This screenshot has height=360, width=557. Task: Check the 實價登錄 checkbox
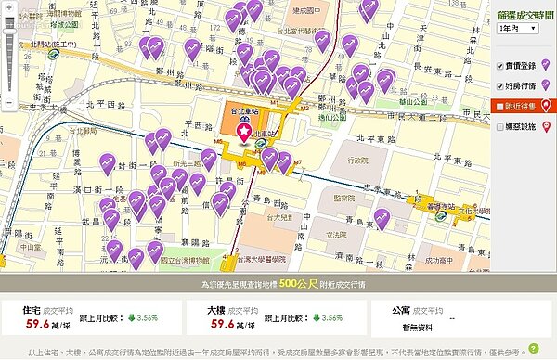[x=500, y=66]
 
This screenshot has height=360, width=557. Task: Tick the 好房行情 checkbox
[x=500, y=85]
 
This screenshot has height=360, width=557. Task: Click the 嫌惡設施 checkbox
[x=500, y=125]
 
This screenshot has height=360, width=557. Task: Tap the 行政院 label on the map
[x=357, y=161]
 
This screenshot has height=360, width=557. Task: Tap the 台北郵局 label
[x=84, y=132]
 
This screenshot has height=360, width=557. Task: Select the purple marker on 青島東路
[x=381, y=220]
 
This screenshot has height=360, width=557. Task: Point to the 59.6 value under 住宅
[x=38, y=324]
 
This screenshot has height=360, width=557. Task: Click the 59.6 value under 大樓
[x=223, y=324]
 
